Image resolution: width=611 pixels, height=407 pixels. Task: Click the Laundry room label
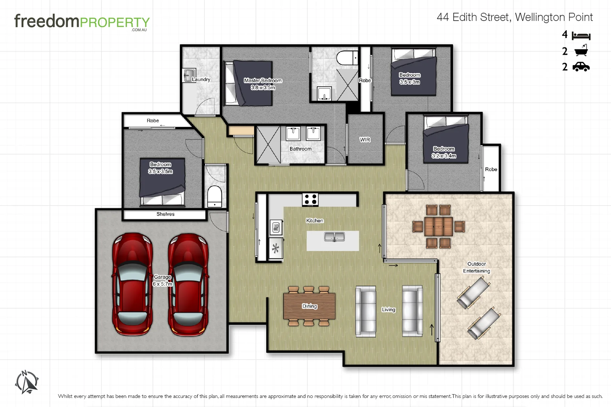coord(201,80)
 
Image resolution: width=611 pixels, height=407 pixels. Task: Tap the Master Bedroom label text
coord(263,81)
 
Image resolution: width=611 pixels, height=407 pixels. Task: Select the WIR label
coord(365,140)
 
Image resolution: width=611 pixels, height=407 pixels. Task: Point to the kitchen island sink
coord(334,237)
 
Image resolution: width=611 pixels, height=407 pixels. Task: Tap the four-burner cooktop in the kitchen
coord(310,199)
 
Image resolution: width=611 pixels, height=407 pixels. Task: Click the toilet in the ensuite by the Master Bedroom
coord(347,58)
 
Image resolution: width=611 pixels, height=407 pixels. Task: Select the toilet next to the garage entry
coord(215,196)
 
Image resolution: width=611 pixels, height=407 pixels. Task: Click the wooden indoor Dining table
coord(309,306)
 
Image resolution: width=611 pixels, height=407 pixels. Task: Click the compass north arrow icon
coord(27,382)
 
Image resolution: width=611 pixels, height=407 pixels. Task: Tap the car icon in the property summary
coord(581,67)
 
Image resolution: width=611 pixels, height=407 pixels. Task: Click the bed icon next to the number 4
coord(581,36)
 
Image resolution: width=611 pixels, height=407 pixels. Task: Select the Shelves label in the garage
coord(165,214)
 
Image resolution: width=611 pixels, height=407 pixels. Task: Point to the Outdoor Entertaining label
coord(476,267)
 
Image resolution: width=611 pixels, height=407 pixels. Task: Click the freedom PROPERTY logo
coord(82,22)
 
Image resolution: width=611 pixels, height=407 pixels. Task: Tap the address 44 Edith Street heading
coord(514,17)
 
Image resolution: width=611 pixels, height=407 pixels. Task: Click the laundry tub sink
coord(189,75)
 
